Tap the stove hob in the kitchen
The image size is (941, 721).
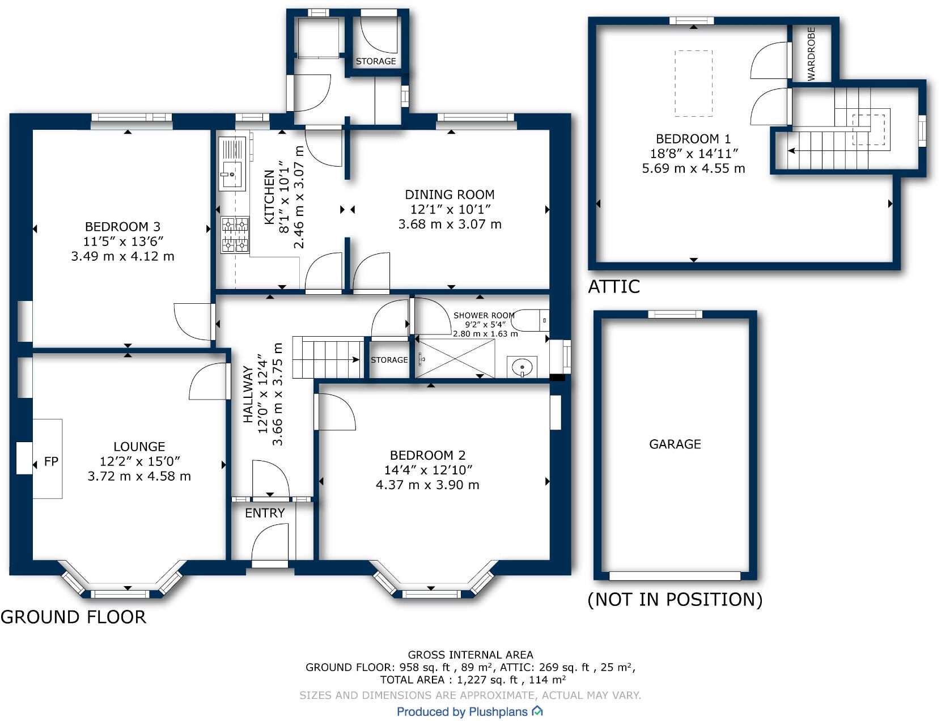tap(235, 234)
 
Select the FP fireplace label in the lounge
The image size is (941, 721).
tap(51, 461)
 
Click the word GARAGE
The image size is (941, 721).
tap(675, 444)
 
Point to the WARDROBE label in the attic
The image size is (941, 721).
tap(811, 54)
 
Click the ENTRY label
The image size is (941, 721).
tap(265, 513)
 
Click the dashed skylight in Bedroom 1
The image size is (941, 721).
tap(693, 83)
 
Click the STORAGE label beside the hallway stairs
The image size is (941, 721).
tap(389, 360)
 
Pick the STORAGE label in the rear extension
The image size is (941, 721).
tap(376, 61)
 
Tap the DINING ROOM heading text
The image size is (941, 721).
tap(450, 194)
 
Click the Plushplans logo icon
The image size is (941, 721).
tap(537, 711)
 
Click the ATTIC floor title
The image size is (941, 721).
tap(614, 287)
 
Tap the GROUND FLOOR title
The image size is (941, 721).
tap(73, 617)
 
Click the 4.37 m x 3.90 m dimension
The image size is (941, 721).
tap(427, 485)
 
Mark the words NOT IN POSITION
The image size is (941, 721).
tap(675, 599)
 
